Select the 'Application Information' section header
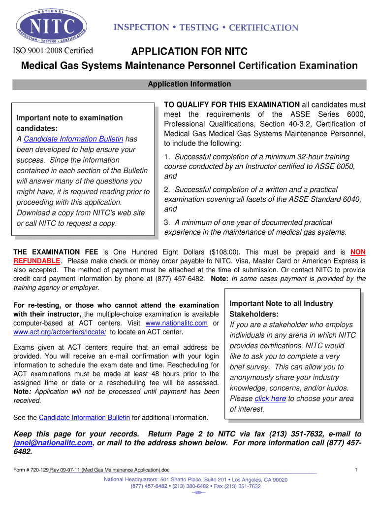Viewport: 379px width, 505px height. coord(189,84)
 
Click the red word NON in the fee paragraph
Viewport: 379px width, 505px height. coord(358,252)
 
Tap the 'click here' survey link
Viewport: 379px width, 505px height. coord(270,398)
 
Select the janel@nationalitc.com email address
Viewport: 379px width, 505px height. coord(53,443)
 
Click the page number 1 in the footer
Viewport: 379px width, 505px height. coord(356,470)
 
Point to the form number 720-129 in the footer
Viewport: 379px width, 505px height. coord(47,470)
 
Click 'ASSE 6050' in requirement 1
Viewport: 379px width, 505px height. coord(333,167)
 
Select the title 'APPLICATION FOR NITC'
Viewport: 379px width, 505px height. coord(189,52)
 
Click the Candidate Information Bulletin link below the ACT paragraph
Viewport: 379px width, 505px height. coord(84,418)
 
